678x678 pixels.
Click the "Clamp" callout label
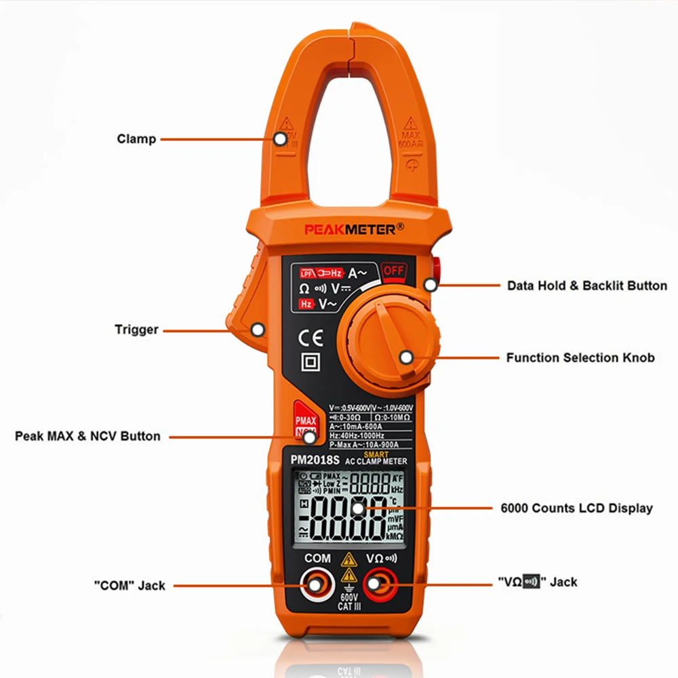[x=136, y=139]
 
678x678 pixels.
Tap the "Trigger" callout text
[x=136, y=330]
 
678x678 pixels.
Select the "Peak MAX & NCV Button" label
[x=87, y=436]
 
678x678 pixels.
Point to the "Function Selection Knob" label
[x=580, y=357]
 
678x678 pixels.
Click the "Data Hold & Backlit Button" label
[x=587, y=285]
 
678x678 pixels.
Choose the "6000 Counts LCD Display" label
[x=576, y=508]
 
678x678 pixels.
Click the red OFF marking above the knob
[x=393, y=271]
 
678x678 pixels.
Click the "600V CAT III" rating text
[x=349, y=602]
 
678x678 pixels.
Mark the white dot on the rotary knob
[x=405, y=357]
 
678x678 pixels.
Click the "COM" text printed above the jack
[x=317, y=559]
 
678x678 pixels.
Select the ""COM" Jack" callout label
[x=129, y=585]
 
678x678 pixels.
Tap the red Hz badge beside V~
[x=307, y=304]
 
